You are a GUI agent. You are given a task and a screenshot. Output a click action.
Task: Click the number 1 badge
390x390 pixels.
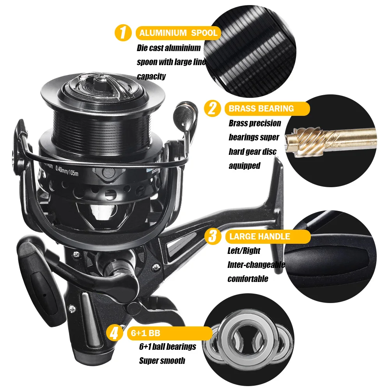(123, 33)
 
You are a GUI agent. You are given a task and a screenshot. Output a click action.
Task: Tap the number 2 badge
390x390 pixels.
(212, 108)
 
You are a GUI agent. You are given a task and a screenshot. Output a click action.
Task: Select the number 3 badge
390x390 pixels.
(211, 236)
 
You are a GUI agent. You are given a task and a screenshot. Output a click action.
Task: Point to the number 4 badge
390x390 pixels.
(113, 333)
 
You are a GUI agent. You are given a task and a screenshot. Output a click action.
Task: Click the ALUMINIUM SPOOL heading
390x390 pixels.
(178, 33)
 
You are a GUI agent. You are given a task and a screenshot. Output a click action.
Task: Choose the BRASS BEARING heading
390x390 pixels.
(261, 108)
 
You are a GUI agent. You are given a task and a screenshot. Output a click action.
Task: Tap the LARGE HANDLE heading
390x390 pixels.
(259, 236)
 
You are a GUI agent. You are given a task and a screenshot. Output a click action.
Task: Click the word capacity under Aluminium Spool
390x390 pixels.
(151, 76)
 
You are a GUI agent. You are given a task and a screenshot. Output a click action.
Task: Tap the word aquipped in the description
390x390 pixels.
(245, 165)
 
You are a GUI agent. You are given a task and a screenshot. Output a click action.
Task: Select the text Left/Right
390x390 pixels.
(244, 251)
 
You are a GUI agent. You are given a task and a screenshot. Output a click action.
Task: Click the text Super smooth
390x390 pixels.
(162, 361)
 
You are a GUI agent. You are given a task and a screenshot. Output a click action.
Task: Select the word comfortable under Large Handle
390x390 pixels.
(248, 279)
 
